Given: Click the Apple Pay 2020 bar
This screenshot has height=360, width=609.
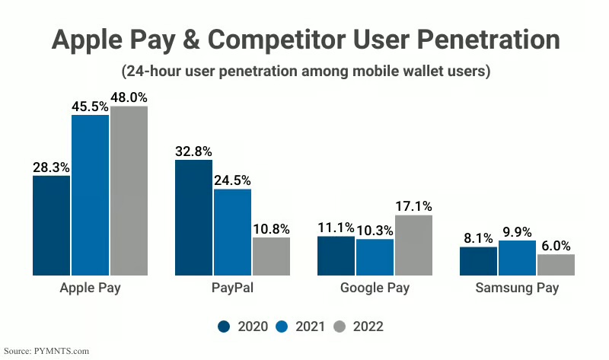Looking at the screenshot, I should coord(51,225).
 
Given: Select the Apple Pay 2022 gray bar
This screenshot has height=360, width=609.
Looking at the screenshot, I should coord(129,190).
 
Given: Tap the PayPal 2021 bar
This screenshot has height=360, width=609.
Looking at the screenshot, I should coord(232,231).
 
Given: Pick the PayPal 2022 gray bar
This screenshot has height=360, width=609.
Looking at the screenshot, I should coord(271,256).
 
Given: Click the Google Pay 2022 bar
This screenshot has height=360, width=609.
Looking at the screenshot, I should coord(413,244).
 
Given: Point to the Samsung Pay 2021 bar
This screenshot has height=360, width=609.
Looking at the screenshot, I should coord(517,257).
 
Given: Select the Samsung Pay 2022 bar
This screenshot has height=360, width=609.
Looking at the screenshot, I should coord(556,264).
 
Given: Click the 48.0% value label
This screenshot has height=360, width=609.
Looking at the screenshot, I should coord(129,97).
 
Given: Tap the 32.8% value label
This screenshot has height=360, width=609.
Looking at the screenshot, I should coord(193,151).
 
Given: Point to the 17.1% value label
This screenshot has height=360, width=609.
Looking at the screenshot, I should coord(414,205).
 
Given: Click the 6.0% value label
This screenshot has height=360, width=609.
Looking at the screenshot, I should coord(556,246).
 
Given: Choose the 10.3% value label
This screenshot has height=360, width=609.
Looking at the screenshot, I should coord(375,230).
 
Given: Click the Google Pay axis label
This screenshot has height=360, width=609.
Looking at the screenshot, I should coord(375,288).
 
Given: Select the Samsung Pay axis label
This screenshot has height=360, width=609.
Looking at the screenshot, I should coord(517,288).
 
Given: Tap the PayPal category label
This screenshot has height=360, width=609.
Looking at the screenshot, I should coord(232,288).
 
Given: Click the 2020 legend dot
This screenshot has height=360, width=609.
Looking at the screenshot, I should coord(224,327).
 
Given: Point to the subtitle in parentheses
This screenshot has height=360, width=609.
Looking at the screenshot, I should coord(304,72).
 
